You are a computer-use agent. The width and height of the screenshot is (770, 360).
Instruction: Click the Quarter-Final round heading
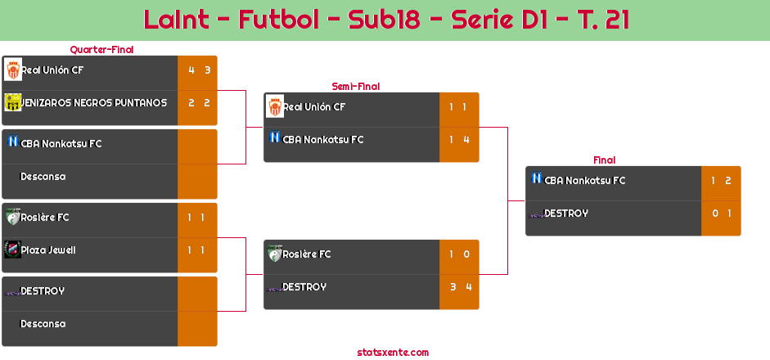[x=101, y=50]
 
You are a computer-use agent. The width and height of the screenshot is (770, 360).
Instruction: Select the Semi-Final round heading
[x=356, y=87]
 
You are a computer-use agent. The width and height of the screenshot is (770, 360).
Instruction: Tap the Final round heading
[x=605, y=160]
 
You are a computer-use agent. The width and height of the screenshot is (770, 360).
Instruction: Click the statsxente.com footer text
[x=393, y=352]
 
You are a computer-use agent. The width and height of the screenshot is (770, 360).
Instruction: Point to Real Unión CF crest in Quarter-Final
[x=13, y=70]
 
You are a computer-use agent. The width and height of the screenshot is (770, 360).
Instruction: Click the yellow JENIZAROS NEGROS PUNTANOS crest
[x=13, y=102]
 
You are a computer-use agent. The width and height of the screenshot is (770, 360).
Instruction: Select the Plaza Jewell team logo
[x=13, y=250]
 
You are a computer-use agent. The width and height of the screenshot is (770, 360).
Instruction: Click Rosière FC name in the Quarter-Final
[x=45, y=217]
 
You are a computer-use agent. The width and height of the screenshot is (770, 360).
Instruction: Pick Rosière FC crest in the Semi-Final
[x=275, y=254]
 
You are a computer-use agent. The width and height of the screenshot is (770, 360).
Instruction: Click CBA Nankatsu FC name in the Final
[x=585, y=180]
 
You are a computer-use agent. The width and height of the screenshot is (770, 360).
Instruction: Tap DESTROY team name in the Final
[x=566, y=214]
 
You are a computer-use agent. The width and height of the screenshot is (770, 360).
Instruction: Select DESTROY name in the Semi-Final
[x=304, y=287]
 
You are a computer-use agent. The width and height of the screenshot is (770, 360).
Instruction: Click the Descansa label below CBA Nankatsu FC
[x=43, y=176]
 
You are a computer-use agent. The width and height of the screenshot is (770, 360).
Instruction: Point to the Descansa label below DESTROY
[x=43, y=324]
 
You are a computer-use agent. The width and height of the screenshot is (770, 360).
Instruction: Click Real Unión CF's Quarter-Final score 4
[x=191, y=70]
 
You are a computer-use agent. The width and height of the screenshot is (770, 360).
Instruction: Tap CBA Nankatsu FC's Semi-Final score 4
[x=466, y=139]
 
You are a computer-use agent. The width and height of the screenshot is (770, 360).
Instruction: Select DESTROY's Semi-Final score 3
[x=453, y=287]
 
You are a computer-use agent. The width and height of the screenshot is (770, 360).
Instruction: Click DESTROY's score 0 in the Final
[x=715, y=214]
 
